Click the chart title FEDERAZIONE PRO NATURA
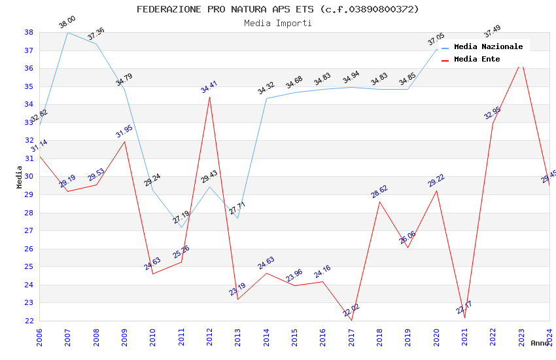pos(277,9)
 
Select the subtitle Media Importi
pos(277,24)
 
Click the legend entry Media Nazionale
pos(488,47)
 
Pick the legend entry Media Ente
pos(476,60)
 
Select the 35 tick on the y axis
pos(29,86)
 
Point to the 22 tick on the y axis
pos(29,321)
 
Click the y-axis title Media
pos(20,177)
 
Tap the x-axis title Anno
pos(540,343)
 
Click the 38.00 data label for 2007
pos(67,23)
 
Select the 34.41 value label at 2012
pos(209,87)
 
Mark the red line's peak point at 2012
pos(209,97)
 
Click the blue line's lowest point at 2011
pos(181,227)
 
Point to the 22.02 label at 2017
pos(351,310)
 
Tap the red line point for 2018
pos(379,202)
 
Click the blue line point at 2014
pos(266,98)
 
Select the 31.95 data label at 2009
pos(124,132)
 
